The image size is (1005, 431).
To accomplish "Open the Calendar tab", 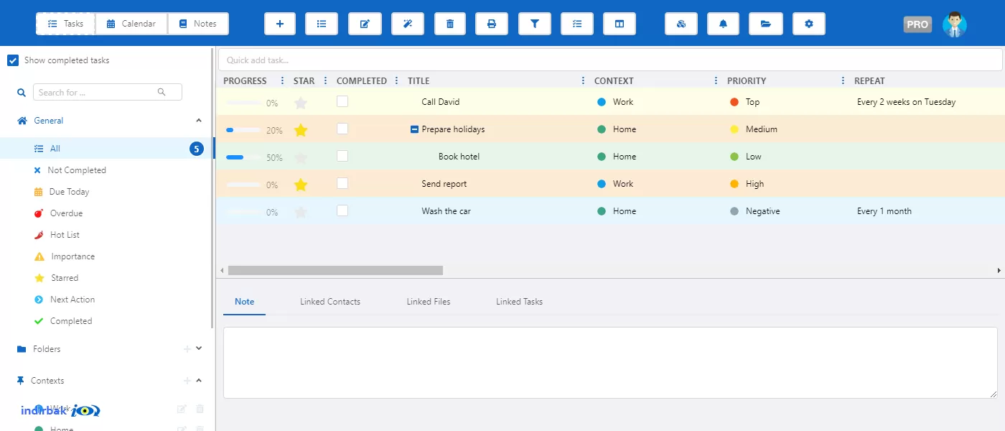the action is (x=131, y=24).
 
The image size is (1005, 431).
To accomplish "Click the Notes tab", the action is (x=198, y=24).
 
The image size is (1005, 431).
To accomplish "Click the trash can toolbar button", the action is (x=450, y=24).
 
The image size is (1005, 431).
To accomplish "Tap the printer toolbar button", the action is (x=492, y=24).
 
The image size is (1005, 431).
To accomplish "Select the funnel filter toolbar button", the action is (x=534, y=24).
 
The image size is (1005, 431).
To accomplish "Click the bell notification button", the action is (x=723, y=24).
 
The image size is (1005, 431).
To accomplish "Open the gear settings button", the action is (x=808, y=24).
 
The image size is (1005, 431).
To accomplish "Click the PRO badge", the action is (x=917, y=24).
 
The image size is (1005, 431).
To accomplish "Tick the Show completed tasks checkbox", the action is (x=13, y=60).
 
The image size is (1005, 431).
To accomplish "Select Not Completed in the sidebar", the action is (x=77, y=170).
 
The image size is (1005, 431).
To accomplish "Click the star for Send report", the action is (x=301, y=185).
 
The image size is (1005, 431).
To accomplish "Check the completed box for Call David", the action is (x=342, y=101).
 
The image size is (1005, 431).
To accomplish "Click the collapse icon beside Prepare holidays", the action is (x=414, y=129).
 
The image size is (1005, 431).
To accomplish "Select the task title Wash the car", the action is (x=446, y=211).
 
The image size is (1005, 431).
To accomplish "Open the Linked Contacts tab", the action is (x=330, y=302).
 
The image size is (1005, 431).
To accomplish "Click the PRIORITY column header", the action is (x=747, y=80).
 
